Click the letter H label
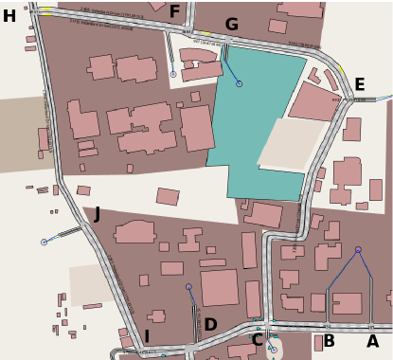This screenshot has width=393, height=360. tap(9, 16)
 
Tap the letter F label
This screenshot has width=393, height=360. tap(174, 12)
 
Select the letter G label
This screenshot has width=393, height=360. tap(231, 25)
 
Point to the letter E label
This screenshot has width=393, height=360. tap(359, 85)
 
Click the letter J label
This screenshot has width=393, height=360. tap(97, 214)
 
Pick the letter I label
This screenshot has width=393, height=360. tap(146, 336)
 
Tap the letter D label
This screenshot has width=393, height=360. tap(210, 325)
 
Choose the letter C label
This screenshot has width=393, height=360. tap(256, 340)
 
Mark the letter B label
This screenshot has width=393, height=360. tap(329, 341)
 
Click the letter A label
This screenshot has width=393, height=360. tap(372, 341)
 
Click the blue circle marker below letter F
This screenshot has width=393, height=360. tap(173, 74)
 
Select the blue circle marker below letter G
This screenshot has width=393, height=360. tap(239, 83)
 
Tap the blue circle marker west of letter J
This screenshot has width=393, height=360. tap(44, 243)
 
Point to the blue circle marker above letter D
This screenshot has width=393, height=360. tap(188, 287)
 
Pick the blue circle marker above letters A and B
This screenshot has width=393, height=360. tap(358, 250)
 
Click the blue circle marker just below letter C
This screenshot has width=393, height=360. tap(271, 350)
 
